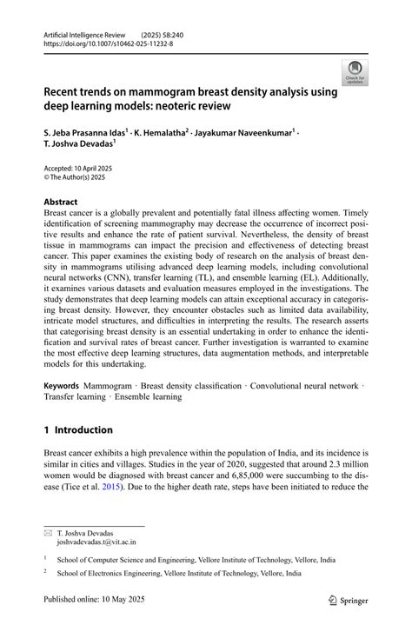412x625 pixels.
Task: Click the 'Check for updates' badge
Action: [x=354, y=72]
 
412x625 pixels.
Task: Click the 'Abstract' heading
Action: [x=61, y=202]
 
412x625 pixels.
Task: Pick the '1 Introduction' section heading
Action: [x=78, y=429]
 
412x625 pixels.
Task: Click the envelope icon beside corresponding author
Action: [x=49, y=532]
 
